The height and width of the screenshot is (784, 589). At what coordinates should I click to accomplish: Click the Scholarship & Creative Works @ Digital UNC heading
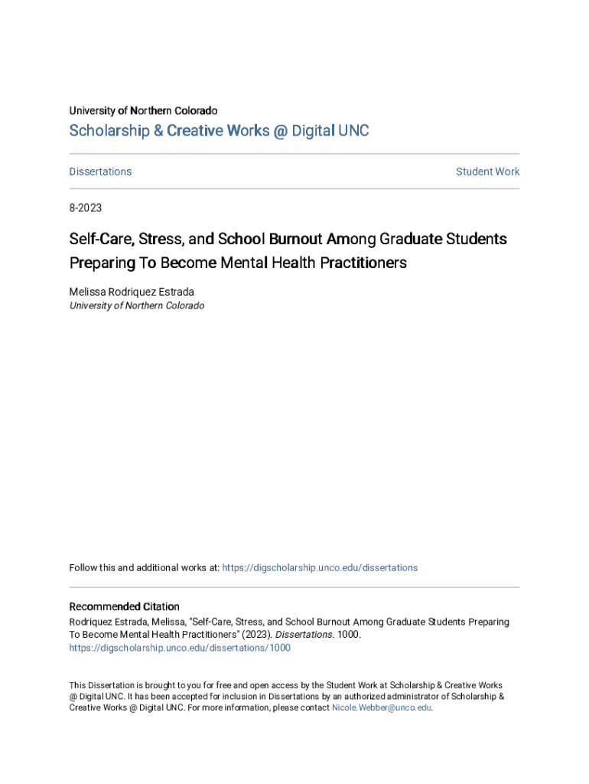(219, 131)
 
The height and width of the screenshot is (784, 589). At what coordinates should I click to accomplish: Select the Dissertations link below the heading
(100, 171)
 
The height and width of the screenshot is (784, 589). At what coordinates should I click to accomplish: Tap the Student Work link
(487, 171)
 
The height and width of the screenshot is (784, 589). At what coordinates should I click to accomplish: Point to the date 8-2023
(85, 207)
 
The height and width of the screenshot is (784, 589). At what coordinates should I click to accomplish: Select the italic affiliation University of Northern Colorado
(136, 305)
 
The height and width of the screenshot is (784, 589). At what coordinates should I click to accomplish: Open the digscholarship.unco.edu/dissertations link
(320, 567)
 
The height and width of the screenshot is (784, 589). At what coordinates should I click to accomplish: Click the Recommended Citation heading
(124, 606)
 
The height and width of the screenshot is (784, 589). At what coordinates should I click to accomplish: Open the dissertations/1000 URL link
(180, 648)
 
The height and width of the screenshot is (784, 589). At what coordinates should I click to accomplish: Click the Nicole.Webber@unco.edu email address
(382, 707)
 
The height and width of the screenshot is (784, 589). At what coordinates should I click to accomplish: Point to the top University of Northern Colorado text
(143, 111)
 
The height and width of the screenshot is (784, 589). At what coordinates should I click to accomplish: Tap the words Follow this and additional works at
(144, 567)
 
